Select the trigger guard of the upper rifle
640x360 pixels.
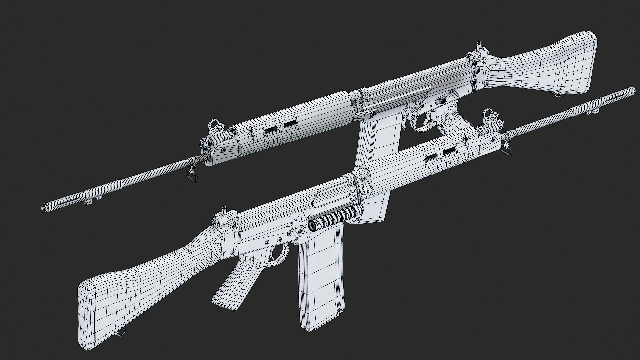[423, 125]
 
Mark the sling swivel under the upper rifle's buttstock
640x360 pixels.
[559, 96]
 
